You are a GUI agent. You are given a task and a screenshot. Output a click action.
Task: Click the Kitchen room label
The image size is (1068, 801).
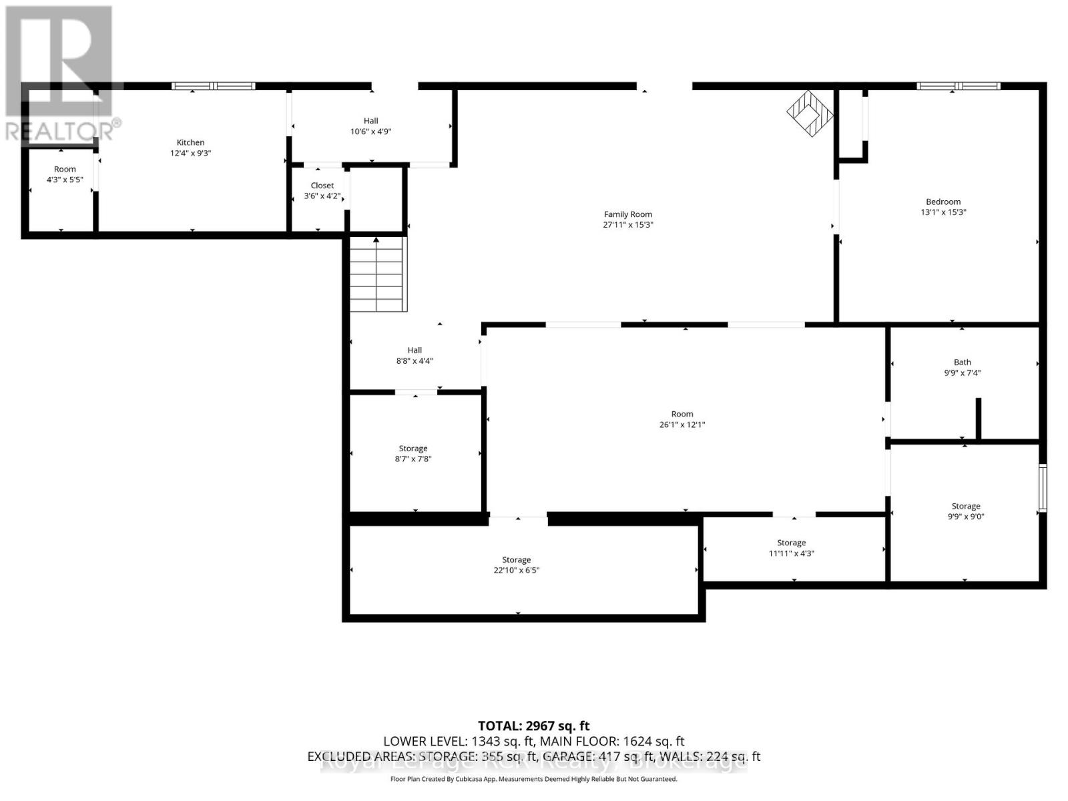pos(190,142)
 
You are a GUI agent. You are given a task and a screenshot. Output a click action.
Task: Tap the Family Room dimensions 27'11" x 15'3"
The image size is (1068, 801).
pos(627,225)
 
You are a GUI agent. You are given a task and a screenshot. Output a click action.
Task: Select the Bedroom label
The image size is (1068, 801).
pos(943,202)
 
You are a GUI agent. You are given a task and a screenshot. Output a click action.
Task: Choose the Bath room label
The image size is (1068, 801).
pos(962,362)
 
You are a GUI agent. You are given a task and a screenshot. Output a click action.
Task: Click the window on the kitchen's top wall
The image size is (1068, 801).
pos(214,85)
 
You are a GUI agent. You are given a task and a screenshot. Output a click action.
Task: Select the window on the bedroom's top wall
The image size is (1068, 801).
pos(959,85)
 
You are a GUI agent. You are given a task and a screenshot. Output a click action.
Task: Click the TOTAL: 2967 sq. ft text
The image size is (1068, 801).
pos(533,726)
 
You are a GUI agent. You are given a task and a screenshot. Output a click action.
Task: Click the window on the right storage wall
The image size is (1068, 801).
pos(1043,487)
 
